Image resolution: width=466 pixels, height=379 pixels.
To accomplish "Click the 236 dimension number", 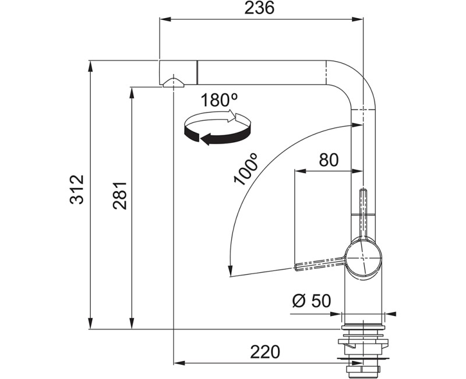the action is coord(259,8).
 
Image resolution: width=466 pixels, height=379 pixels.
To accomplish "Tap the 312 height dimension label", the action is coord(77,189).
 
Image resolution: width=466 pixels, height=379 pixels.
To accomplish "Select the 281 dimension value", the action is coord(120,195).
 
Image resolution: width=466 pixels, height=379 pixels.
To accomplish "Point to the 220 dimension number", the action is coord(265,352).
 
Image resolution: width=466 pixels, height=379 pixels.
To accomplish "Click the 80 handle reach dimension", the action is coord(329,160).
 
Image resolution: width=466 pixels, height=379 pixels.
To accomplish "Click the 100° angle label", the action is coord(246,169).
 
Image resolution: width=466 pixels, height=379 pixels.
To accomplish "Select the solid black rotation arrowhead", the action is coord(206,139).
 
